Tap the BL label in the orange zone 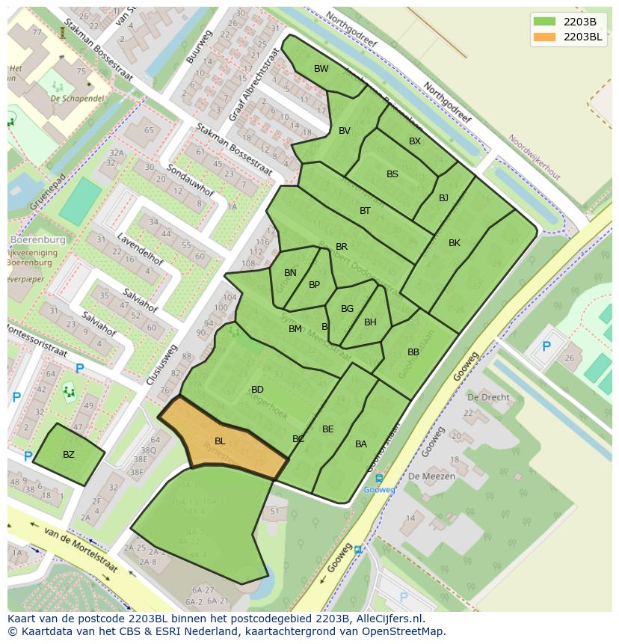pyautogui.click(x=220, y=441)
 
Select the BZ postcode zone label pyautogui.click(x=69, y=455)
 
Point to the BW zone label pyautogui.click(x=321, y=69)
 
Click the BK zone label pyautogui.click(x=455, y=243)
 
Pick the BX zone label pyautogui.click(x=415, y=141)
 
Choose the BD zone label pyautogui.click(x=257, y=390)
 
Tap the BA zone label pyautogui.click(x=361, y=444)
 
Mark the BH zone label pyautogui.click(x=370, y=322)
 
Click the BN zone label pyautogui.click(x=290, y=273)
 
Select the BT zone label pyautogui.click(x=365, y=211)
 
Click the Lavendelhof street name pyautogui.click(x=140, y=249)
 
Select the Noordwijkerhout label pyautogui.click(x=534, y=156)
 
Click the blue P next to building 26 pyautogui.click(x=546, y=347)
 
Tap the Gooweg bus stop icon pyautogui.click(x=379, y=479)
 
